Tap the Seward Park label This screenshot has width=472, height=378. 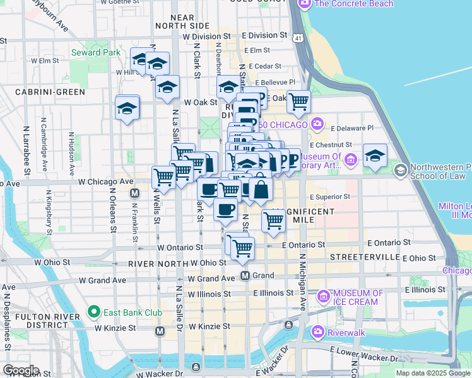click(x=96, y=52)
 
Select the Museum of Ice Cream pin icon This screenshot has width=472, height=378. click(x=324, y=295)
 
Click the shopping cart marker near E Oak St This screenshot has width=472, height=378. click(x=298, y=101)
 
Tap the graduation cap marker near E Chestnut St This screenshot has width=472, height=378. click(x=375, y=156)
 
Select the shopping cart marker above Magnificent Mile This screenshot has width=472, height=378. click(x=273, y=220)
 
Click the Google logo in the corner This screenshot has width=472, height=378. click(x=20, y=370)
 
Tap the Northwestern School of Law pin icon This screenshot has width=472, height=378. click(x=399, y=170)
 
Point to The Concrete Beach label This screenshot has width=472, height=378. click(x=353, y=4)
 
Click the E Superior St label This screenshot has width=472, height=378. click(x=324, y=197)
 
